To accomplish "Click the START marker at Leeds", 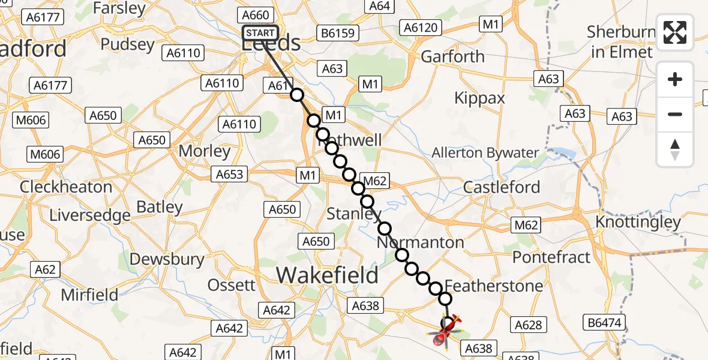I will point(260,33).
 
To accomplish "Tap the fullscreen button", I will point(675,32).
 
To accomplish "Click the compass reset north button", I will point(675,149).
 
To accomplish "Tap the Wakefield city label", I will point(327,275).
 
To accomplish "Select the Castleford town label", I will point(502,187).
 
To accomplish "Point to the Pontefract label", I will point(551,257).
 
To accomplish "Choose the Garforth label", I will point(452,56).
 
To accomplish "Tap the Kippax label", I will point(479,98).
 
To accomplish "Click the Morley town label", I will point(205,151).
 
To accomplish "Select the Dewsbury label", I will point(167,259).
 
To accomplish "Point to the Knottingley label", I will point(638,222).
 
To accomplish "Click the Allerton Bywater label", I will point(485,153).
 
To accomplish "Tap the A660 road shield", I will point(255,15).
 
